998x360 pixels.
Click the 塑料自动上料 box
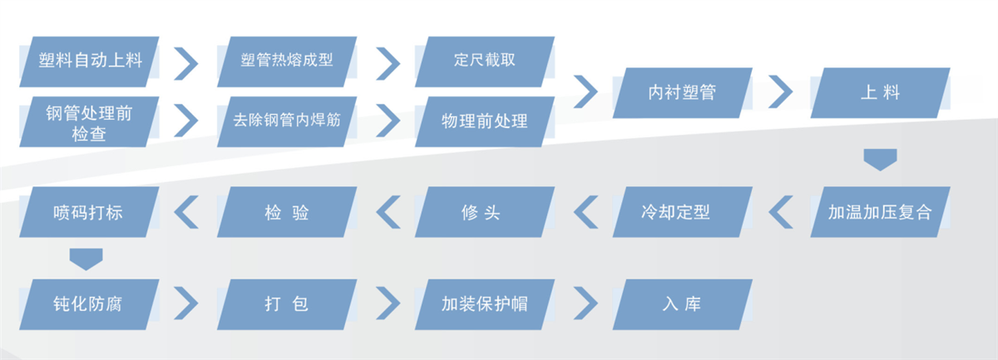click(90, 61)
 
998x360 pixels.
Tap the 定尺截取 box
click(485, 61)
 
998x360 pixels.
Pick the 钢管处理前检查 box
click(90, 121)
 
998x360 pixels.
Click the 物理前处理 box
click(485, 121)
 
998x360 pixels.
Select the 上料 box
click(880, 91)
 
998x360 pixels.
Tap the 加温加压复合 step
click(880, 211)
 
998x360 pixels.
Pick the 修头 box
click(485, 211)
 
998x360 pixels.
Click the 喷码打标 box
click(90, 211)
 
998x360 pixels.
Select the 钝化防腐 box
click(90, 303)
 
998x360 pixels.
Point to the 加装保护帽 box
click(485, 303)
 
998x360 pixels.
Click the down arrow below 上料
click(880, 160)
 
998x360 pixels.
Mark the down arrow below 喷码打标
click(86, 258)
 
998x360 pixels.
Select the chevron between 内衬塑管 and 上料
click(781, 91)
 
